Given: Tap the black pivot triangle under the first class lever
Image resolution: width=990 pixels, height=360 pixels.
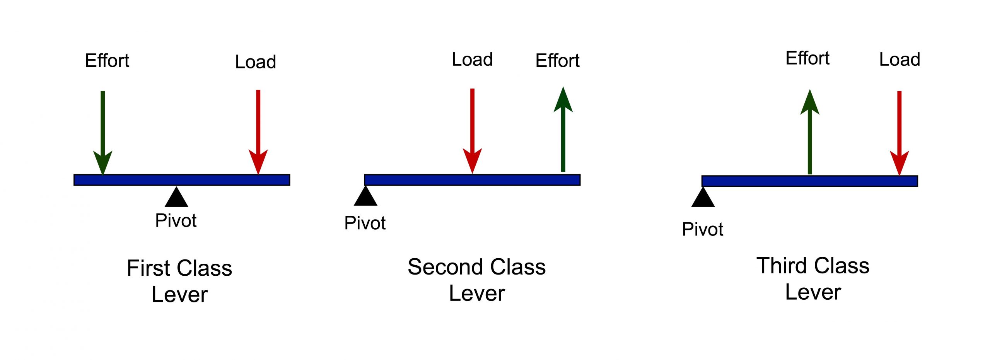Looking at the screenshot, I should coord(176,198).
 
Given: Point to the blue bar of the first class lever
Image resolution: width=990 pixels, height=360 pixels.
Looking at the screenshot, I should coord(182,180).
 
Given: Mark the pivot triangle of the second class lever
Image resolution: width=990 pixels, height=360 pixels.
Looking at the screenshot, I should coord(365,197).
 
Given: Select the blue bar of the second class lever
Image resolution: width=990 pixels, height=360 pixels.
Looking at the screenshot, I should coord(472,180).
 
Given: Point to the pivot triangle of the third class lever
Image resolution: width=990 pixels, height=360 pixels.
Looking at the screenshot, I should coord(703,198).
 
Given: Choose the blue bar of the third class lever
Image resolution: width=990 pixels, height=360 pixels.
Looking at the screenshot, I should coord(809,181).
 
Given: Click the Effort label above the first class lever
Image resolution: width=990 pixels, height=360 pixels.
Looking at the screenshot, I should coord(107,61).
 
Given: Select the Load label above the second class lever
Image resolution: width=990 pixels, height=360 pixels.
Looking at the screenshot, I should coord(472,60).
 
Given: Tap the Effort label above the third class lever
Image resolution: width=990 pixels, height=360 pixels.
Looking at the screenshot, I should coord(807,58).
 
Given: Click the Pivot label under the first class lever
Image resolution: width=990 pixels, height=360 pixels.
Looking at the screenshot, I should coord(176,221).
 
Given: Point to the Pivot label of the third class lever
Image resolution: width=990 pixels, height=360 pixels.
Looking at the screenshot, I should coord(702,229).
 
